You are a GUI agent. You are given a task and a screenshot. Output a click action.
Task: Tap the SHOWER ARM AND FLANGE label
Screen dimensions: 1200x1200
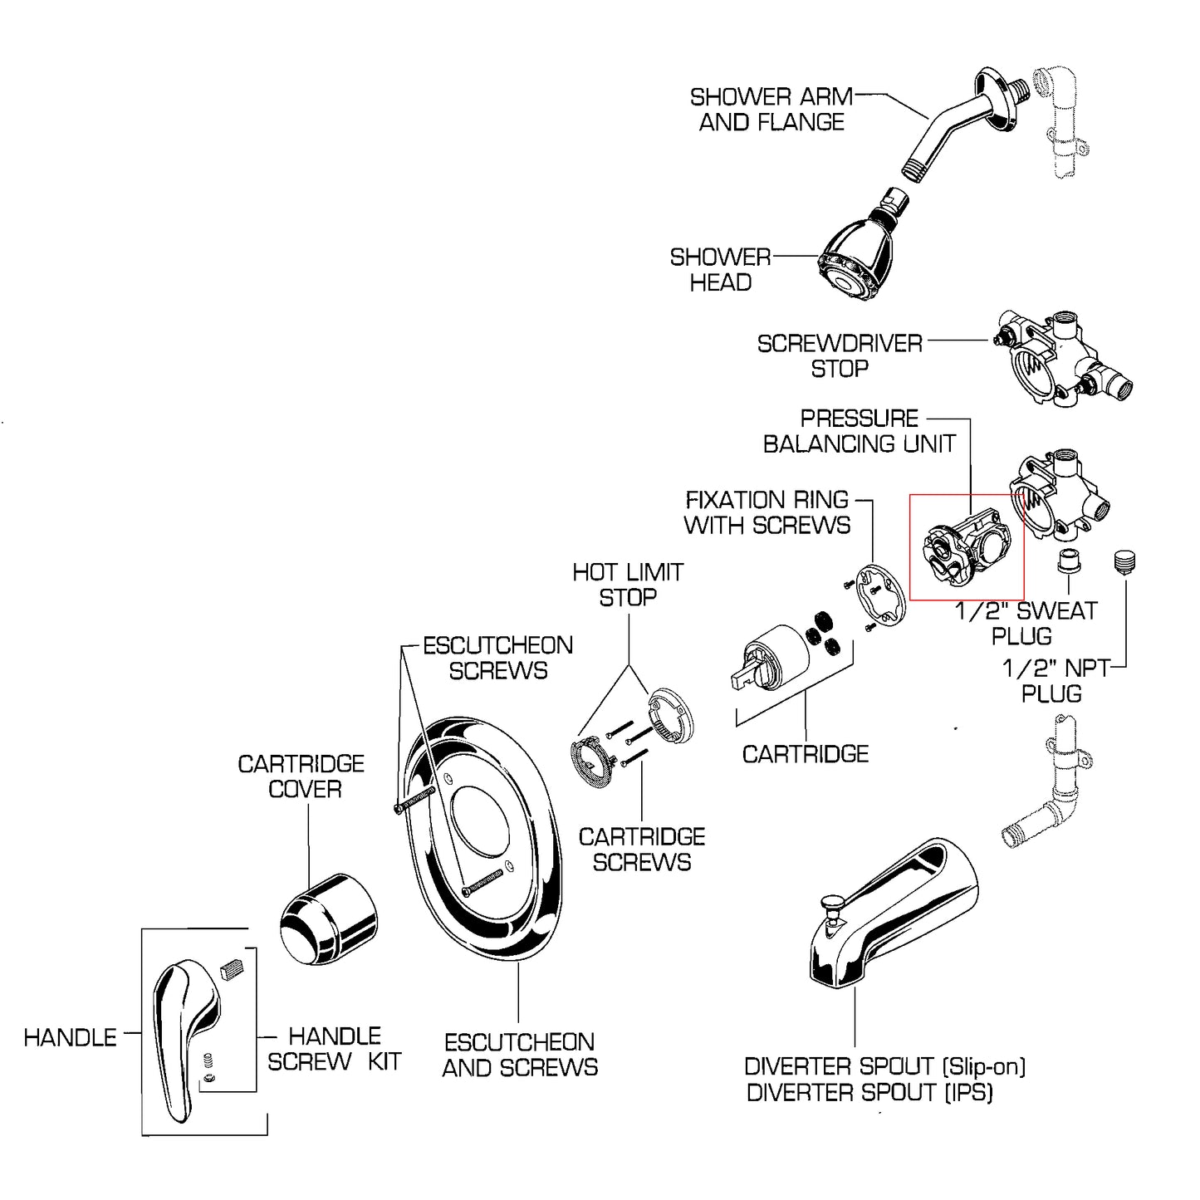[x=771, y=110]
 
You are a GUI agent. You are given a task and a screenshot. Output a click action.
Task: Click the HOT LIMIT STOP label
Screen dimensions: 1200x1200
[x=628, y=585]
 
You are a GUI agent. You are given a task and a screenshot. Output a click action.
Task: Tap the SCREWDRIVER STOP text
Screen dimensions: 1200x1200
[x=840, y=356]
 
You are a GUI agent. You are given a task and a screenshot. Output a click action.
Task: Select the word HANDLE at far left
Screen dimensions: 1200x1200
[x=70, y=1038]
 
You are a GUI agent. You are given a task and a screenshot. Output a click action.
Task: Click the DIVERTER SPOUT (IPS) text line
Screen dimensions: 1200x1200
[x=869, y=1093]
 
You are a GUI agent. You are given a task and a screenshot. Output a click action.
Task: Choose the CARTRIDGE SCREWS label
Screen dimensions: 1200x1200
[x=642, y=850]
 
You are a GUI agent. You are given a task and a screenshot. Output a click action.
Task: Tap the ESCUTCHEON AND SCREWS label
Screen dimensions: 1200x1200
[x=520, y=1055]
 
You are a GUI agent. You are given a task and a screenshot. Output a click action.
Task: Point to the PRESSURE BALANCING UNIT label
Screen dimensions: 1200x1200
[x=860, y=431]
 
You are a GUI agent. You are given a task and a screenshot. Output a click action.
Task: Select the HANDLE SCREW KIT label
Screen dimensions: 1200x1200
[x=335, y=1049]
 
